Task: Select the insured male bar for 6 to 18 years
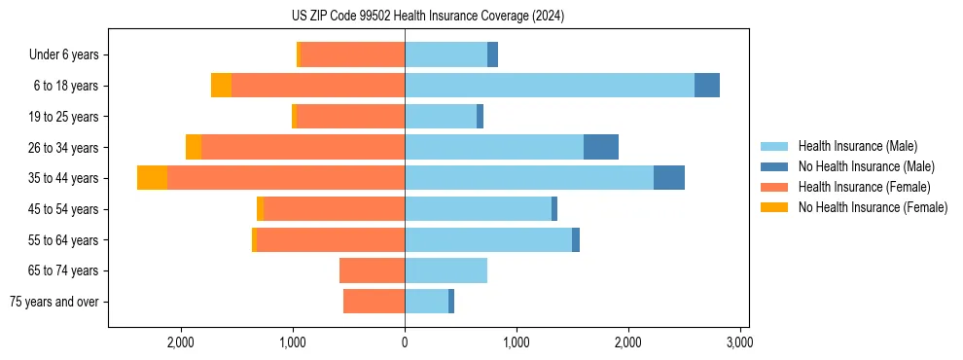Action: tap(550, 86)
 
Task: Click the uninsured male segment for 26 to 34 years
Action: tap(601, 147)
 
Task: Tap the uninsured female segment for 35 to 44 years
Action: tap(152, 178)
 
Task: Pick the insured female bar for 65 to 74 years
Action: tap(372, 270)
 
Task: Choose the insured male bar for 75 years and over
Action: tap(426, 302)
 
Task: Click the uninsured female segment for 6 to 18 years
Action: tap(221, 86)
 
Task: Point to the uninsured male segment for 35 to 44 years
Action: tap(669, 178)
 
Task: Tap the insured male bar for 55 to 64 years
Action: tap(488, 239)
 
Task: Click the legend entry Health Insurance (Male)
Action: tap(857, 146)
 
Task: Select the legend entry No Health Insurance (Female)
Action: tap(873, 207)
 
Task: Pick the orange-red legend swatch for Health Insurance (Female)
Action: tap(775, 187)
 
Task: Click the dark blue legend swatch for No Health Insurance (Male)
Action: tap(775, 166)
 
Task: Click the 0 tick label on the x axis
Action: tap(405, 342)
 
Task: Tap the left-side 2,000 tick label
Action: tap(182, 342)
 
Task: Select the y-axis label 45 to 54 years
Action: tap(64, 209)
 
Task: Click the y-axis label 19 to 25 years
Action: tap(64, 117)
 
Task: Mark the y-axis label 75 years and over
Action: tap(54, 302)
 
